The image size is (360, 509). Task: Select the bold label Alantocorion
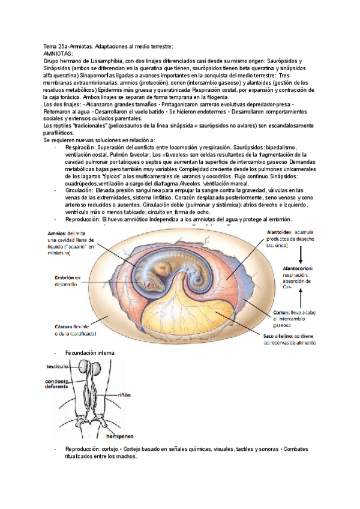tap(301, 268)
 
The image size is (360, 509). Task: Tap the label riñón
tap(124, 395)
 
